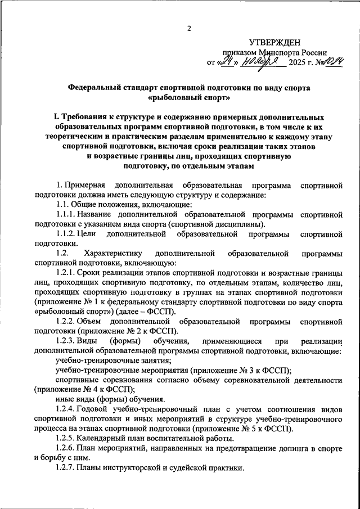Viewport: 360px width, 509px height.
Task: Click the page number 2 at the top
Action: [190, 28]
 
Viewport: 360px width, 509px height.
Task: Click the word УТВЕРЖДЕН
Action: [276, 42]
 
